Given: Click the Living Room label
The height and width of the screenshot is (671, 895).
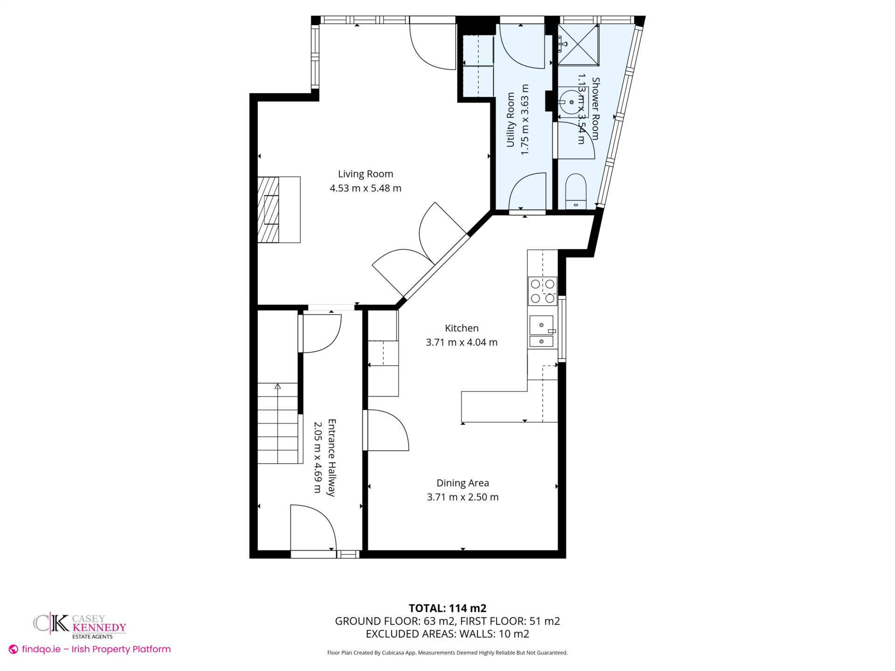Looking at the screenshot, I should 365,174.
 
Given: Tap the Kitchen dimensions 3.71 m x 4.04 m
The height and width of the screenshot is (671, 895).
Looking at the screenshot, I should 461,342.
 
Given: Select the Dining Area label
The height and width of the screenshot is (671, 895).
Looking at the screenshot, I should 462,483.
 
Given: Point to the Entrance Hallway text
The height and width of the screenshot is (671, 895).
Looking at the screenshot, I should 331,458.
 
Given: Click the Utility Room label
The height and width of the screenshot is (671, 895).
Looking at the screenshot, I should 510,120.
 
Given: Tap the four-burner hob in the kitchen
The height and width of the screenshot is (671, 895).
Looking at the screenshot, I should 543,291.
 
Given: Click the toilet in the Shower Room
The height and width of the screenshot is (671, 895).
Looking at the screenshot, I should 575,191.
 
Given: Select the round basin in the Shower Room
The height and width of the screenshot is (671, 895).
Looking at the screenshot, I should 571,102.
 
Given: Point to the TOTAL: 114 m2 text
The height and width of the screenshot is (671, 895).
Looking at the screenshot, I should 447,608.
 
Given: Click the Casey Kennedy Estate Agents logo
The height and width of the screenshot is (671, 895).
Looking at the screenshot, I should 80,625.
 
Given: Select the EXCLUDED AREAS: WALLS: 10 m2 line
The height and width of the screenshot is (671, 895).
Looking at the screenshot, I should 447,634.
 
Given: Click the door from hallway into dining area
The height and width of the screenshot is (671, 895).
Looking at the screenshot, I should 386,430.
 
